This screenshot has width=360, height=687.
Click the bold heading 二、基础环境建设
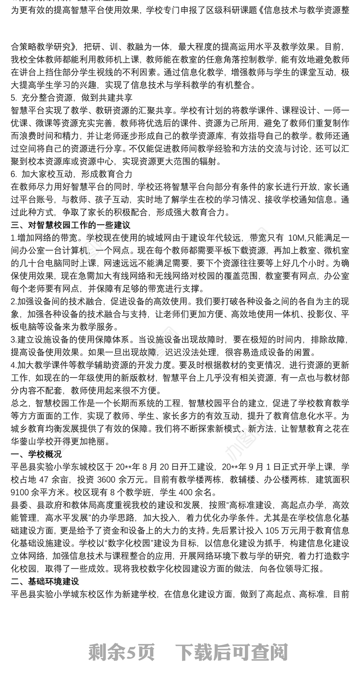pyautogui.click(x=45, y=581)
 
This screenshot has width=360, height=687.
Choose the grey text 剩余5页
pyautogui.click(x=121, y=651)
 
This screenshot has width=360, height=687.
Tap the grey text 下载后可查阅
pyautogui.click(x=231, y=651)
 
